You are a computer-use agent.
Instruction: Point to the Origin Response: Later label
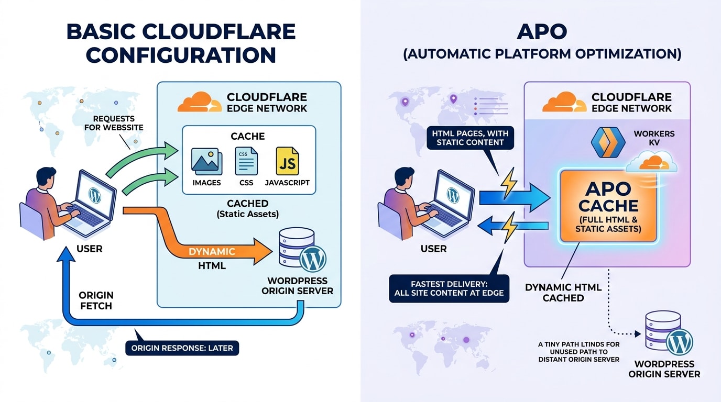coord(182,348)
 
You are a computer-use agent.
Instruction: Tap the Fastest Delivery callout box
coord(449,288)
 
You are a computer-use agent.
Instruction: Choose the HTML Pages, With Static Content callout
coord(470,137)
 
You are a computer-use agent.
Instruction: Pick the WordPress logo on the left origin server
coord(313,258)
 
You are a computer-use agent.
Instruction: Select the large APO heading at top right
coord(541,32)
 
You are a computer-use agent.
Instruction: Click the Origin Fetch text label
coord(96,300)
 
